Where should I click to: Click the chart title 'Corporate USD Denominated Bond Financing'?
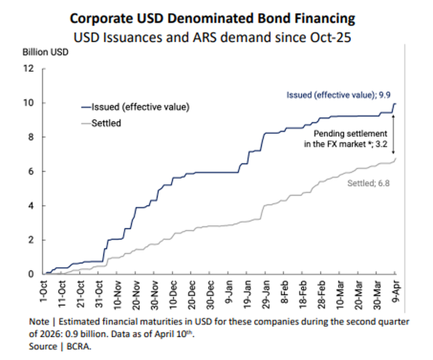(212, 18)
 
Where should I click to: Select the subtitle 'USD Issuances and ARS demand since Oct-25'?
(212, 38)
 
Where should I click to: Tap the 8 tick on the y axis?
(32, 137)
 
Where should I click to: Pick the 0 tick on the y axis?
(32, 273)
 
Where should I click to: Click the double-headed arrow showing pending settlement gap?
(394, 137)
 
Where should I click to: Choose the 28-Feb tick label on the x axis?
(321, 291)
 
